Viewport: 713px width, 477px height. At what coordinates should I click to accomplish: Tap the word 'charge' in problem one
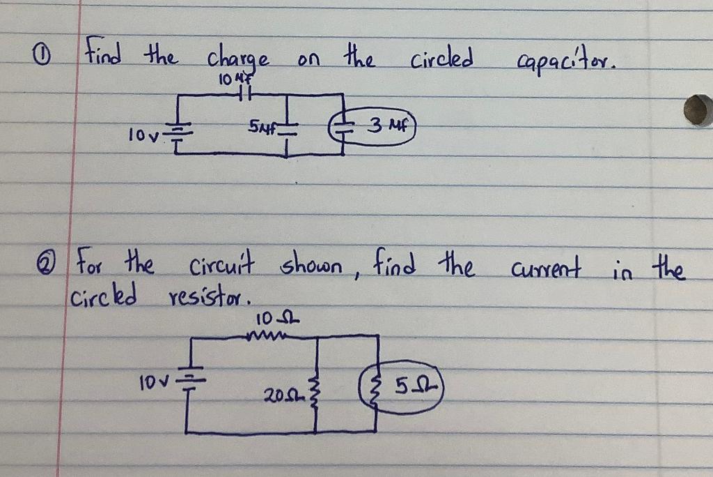235,58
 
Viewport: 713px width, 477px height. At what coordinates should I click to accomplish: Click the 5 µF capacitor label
260,128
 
